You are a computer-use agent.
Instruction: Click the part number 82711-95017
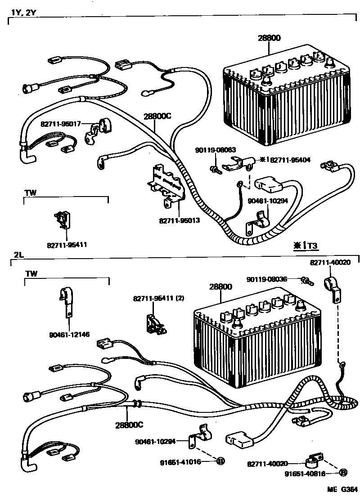60,123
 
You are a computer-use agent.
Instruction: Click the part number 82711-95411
67,245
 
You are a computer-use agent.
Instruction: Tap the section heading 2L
18,254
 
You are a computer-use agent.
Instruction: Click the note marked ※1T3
306,245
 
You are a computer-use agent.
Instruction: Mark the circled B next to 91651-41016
220,461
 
